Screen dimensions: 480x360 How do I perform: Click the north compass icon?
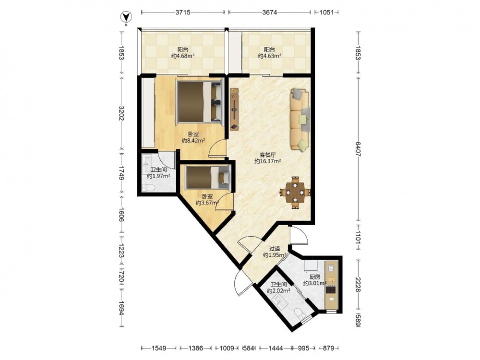tap(126, 17)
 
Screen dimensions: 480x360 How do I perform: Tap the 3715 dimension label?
tap(183, 12)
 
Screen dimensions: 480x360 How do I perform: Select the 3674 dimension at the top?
tap(270, 12)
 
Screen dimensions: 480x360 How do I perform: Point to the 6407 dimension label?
tap(358, 149)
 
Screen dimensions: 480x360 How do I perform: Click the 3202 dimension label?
tap(121, 113)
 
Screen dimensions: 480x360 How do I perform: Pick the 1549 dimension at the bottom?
tap(158, 348)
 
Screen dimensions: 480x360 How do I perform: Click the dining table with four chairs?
tap(295, 192)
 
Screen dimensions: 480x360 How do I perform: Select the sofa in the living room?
tap(300, 120)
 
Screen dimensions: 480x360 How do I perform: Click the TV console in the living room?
tap(234, 109)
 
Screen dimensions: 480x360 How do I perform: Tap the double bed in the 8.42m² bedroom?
tap(199, 102)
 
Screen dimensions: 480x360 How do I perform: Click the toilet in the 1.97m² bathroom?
tap(149, 188)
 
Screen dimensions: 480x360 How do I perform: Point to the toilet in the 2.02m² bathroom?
tap(299, 312)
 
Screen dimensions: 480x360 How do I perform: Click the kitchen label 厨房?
tap(314, 277)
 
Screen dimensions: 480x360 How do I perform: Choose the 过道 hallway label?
tap(275, 249)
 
